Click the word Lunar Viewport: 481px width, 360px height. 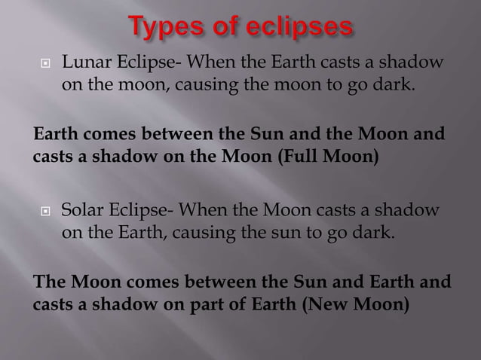[x=81, y=61]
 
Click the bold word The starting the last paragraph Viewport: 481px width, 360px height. [x=50, y=284]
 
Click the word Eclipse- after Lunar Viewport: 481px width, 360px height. [x=143, y=61]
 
